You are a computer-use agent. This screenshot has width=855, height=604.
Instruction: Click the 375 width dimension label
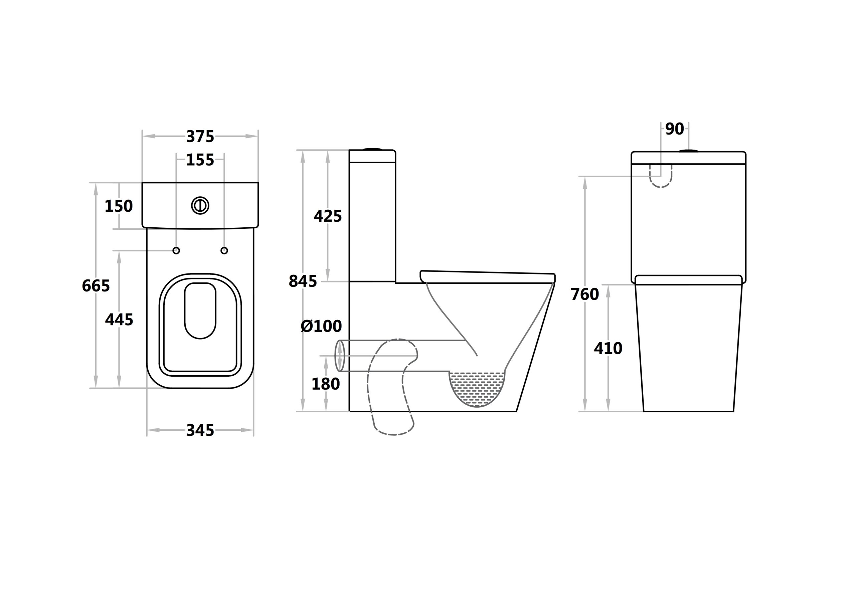[200, 137]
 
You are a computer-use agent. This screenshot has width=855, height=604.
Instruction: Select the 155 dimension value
[200, 160]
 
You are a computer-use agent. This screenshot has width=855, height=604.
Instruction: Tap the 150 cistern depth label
[119, 206]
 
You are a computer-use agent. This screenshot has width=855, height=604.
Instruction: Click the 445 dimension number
[119, 320]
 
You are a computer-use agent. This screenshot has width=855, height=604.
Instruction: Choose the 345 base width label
[200, 430]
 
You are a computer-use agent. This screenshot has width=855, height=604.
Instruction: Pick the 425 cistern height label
[327, 216]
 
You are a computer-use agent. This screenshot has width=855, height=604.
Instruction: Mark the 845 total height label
[302, 281]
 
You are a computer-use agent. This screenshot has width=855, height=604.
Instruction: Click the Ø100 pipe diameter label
[321, 326]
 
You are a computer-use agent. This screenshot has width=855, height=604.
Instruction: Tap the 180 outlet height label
[325, 384]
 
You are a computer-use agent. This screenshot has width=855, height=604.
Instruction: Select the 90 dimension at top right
[674, 129]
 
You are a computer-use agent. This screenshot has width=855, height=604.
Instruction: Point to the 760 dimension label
[585, 294]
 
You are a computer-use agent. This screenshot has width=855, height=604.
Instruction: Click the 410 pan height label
[608, 349]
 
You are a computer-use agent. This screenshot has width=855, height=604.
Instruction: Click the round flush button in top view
[200, 205]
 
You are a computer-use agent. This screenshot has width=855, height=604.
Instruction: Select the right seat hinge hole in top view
[224, 251]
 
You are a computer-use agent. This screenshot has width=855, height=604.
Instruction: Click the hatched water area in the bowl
[477, 387]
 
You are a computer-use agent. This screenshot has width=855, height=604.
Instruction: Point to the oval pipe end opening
[340, 356]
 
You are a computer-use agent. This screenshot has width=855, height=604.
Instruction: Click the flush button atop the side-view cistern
[372, 149]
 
